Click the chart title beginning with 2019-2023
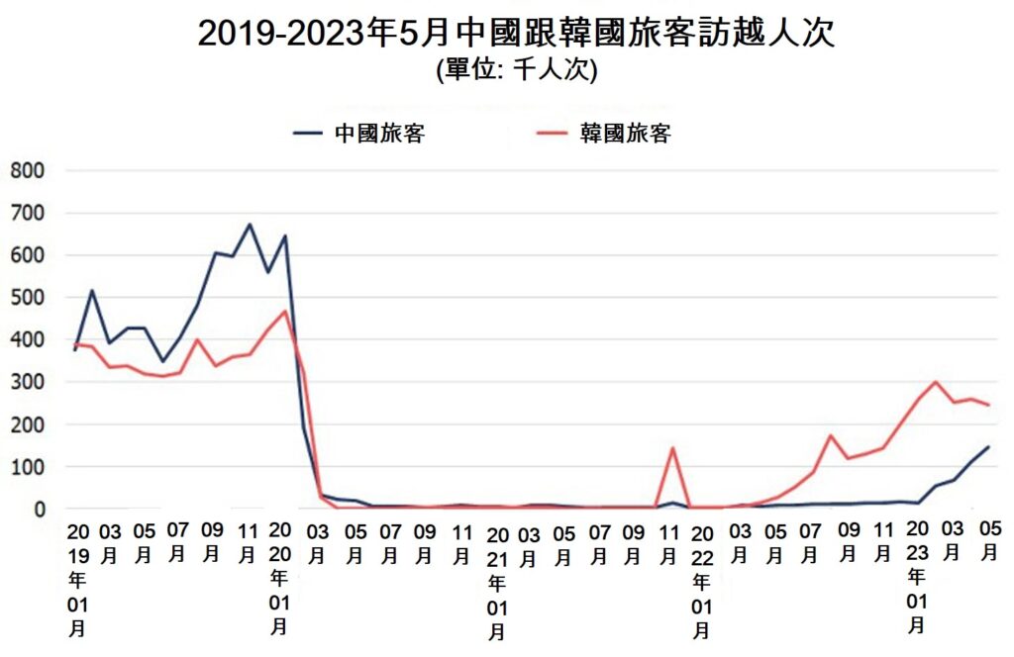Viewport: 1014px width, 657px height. click(x=516, y=32)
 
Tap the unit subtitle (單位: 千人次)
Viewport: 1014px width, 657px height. click(x=515, y=70)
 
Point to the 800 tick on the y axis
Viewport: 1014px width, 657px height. click(x=27, y=170)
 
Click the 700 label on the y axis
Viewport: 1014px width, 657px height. click(x=27, y=213)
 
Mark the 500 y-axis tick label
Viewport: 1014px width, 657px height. click(x=27, y=297)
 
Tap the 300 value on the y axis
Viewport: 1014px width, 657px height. click(x=27, y=382)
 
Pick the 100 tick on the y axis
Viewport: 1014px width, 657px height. click(x=27, y=466)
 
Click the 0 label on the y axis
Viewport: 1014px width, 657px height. click(x=40, y=509)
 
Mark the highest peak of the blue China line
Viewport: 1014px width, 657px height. click(x=250, y=225)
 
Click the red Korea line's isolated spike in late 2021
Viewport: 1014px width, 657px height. click(x=673, y=448)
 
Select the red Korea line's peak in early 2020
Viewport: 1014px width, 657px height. click(x=285, y=312)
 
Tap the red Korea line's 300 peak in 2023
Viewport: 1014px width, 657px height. click(x=935, y=382)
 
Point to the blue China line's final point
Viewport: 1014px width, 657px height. click(x=988, y=446)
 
